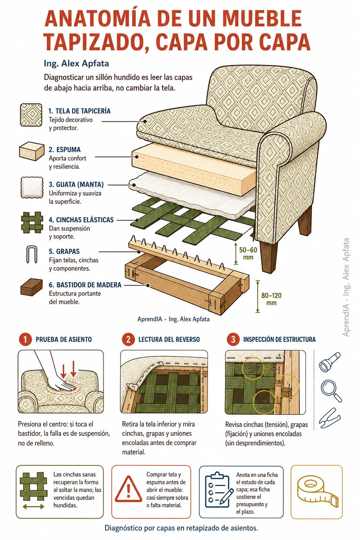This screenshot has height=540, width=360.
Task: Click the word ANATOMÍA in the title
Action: click(x=98, y=18)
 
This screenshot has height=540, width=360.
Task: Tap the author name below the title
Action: click(x=76, y=63)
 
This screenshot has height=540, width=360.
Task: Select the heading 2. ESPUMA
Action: click(x=65, y=149)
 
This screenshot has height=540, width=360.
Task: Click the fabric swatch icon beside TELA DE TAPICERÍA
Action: click(x=31, y=115)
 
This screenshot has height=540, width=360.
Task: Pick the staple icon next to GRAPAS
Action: click(x=32, y=255)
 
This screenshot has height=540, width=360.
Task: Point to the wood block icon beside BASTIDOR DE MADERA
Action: click(x=31, y=287)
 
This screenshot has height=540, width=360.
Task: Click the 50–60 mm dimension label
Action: click(x=248, y=253)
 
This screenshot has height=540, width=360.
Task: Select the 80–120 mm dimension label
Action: click(x=271, y=299)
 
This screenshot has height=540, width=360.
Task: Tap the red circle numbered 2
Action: click(x=128, y=339)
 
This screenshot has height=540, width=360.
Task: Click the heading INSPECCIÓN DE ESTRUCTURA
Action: click(x=279, y=339)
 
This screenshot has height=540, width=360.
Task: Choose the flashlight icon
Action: click(x=329, y=362)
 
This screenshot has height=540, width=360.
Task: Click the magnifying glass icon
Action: click(x=331, y=391)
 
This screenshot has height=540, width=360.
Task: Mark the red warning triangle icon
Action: click(x=128, y=489)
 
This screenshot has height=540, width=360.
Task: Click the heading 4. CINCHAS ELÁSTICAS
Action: click(x=81, y=220)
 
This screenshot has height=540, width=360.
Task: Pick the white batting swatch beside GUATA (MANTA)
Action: click(x=32, y=188)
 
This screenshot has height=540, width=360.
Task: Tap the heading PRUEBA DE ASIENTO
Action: click(x=64, y=339)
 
